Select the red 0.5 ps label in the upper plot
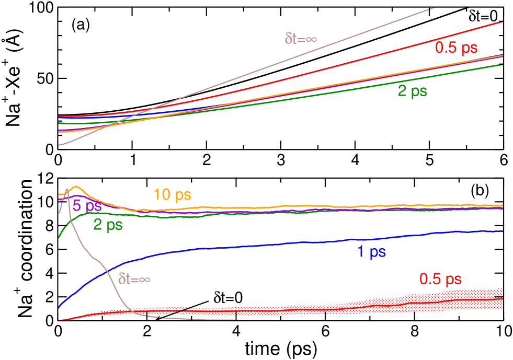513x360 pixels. (456, 48)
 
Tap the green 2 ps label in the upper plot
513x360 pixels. (412, 91)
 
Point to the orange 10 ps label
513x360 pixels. (172, 195)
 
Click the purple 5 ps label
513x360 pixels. (87, 205)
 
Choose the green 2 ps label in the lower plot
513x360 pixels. (108, 225)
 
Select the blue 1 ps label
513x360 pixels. (371, 252)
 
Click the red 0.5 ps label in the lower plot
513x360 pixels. (440, 279)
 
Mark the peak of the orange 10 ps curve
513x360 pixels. (76, 187)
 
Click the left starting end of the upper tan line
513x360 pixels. (60, 145)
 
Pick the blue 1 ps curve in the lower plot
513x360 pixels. (261, 245)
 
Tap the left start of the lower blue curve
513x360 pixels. (60, 307)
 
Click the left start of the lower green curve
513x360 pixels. (60, 238)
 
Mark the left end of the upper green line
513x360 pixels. (60, 123)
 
